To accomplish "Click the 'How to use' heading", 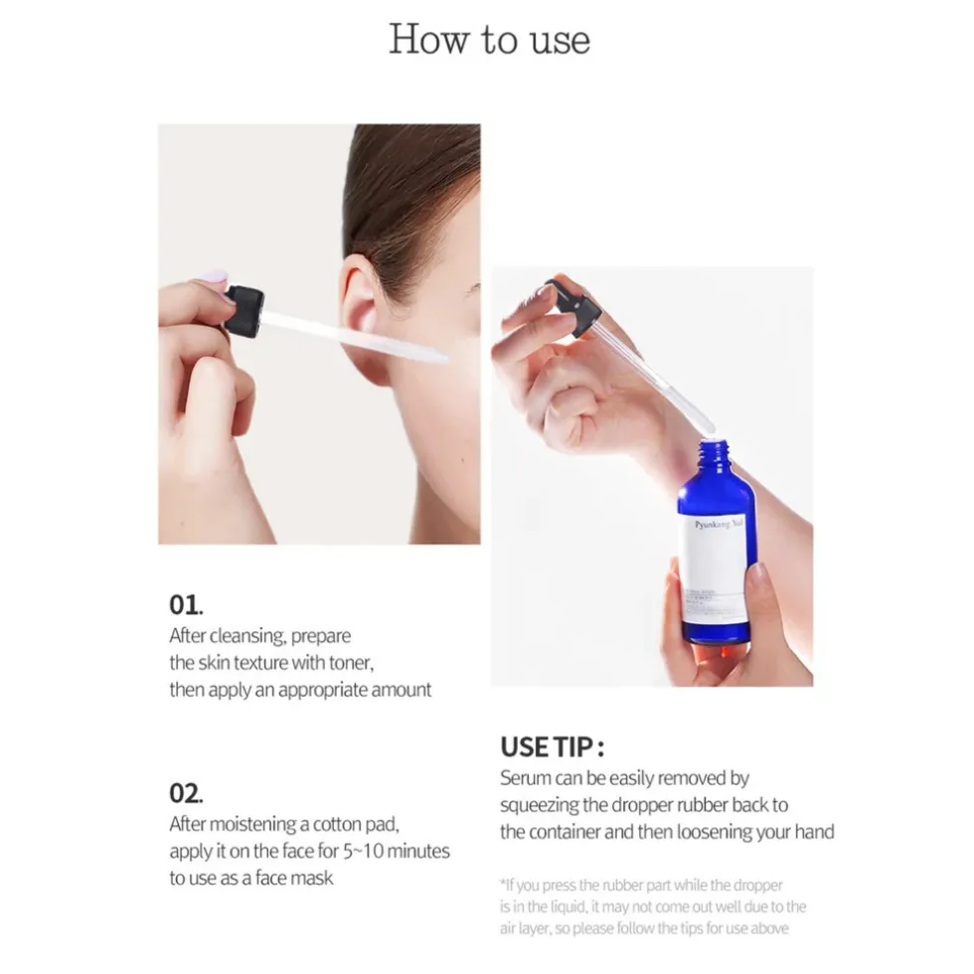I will tap(489, 40).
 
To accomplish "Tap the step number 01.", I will tap(185, 604).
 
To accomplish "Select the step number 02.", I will tap(186, 793).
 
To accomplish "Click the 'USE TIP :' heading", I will tap(552, 746).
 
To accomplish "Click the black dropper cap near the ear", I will tap(243, 309).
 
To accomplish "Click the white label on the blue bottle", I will tap(718, 562).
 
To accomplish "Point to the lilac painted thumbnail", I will tap(214, 277).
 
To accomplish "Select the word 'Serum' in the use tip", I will tap(525, 777).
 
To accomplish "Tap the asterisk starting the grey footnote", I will tap(504, 884).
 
